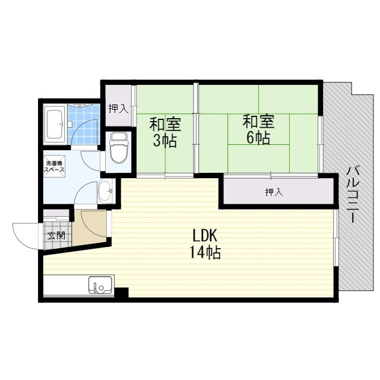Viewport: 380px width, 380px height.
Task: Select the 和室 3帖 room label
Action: [164, 132]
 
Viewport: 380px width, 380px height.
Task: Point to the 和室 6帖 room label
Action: [258, 129]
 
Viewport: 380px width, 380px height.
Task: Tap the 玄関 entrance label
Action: [56, 235]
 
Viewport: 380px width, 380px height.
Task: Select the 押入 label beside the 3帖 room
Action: [118, 109]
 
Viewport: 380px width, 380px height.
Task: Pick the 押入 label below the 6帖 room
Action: [274, 192]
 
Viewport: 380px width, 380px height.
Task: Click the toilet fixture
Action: [118, 148]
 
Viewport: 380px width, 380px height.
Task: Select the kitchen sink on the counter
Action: [99, 286]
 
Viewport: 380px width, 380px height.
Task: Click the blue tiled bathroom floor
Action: [83, 123]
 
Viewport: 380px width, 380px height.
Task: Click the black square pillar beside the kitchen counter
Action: [121, 292]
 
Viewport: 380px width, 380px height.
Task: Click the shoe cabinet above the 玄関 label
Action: [56, 216]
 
